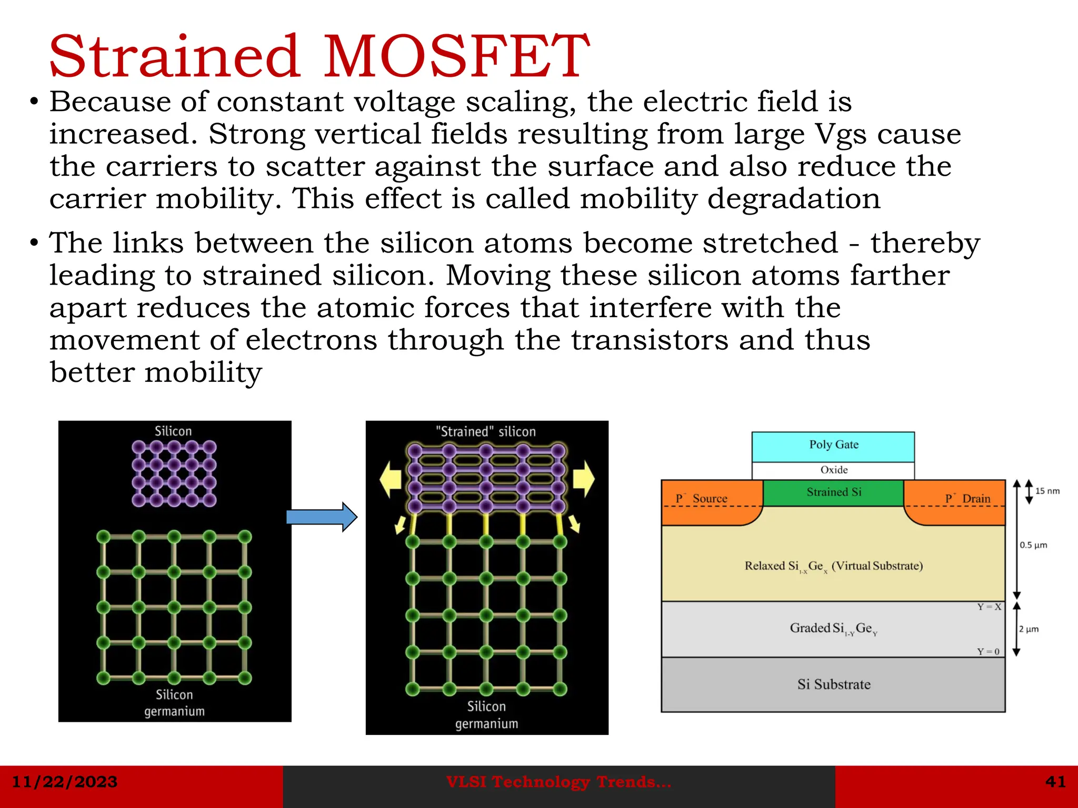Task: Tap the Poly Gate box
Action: [833, 446]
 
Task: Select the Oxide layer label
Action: [834, 470]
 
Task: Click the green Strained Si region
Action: [834, 492]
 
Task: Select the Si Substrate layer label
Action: [834, 684]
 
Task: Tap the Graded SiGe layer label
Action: [833, 629]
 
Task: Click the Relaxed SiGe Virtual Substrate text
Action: [834, 567]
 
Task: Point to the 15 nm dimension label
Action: [1047, 491]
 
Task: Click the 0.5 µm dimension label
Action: [1033, 545]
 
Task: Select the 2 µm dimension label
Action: [1029, 629]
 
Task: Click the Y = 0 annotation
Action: [989, 652]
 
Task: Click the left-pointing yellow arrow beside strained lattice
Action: [391, 479]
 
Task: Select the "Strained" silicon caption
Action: [485, 432]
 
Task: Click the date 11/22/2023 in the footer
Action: [65, 782]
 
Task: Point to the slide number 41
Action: [1055, 782]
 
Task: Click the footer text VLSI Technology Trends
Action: [558, 782]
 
